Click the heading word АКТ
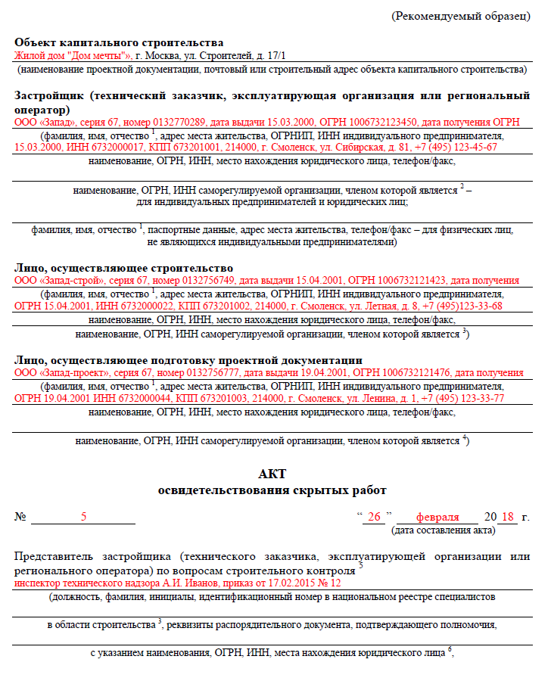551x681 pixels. click(x=272, y=474)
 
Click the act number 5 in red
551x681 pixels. click(x=83, y=517)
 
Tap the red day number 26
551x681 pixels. click(x=373, y=517)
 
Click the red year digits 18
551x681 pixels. click(x=508, y=517)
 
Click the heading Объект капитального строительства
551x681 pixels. click(x=119, y=42)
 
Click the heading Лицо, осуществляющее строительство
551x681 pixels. click(x=123, y=268)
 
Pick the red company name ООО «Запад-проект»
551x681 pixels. click(x=61, y=372)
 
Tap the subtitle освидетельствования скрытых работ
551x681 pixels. click(x=272, y=490)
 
